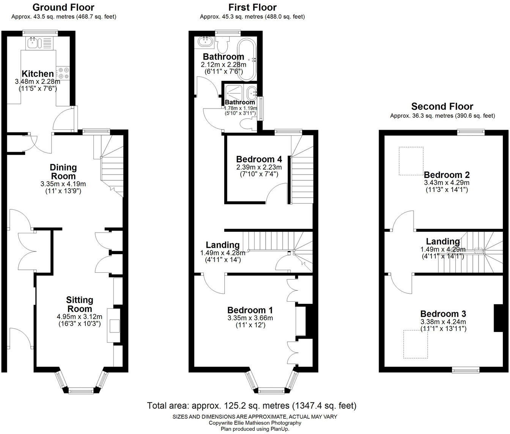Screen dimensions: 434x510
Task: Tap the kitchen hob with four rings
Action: pyautogui.click(x=63, y=73)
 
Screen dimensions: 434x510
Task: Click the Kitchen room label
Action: pyautogui.click(x=38, y=74)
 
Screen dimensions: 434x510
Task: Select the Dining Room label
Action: pyautogui.click(x=63, y=171)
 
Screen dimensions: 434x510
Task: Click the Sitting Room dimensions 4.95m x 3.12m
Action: pyautogui.click(x=80, y=317)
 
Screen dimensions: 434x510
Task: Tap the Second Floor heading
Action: pyautogui.click(x=442, y=107)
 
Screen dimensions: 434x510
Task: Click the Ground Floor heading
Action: pyautogui.click(x=63, y=7)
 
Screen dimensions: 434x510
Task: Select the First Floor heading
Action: pyautogui.click(x=252, y=7)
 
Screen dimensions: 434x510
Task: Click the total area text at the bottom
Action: pyautogui.click(x=252, y=406)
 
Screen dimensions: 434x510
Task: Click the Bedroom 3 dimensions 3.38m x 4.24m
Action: pyautogui.click(x=443, y=322)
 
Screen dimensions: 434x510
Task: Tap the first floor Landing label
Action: pyautogui.click(x=223, y=245)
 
